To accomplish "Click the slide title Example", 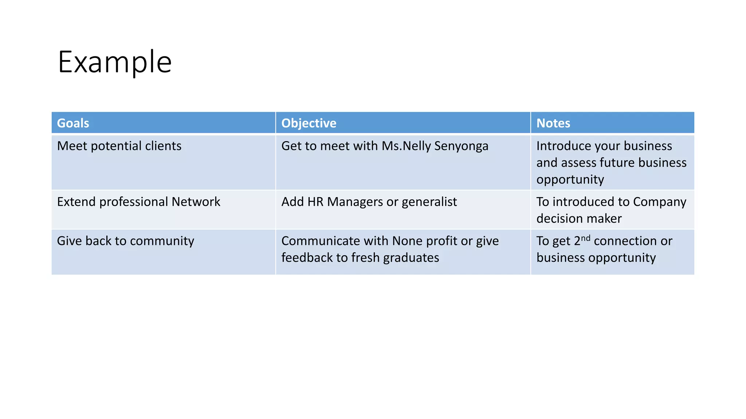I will pos(115,62).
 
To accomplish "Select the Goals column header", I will pos(73,123).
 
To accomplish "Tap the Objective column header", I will pos(309,123).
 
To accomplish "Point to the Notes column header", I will pos(553,123).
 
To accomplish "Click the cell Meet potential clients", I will pos(119,146).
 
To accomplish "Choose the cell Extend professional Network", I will pos(138,202).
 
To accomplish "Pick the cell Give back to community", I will pos(125,241).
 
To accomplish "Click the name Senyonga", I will pos(461,146).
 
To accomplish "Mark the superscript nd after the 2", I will pos(585,238).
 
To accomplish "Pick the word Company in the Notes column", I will pos(659,202).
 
